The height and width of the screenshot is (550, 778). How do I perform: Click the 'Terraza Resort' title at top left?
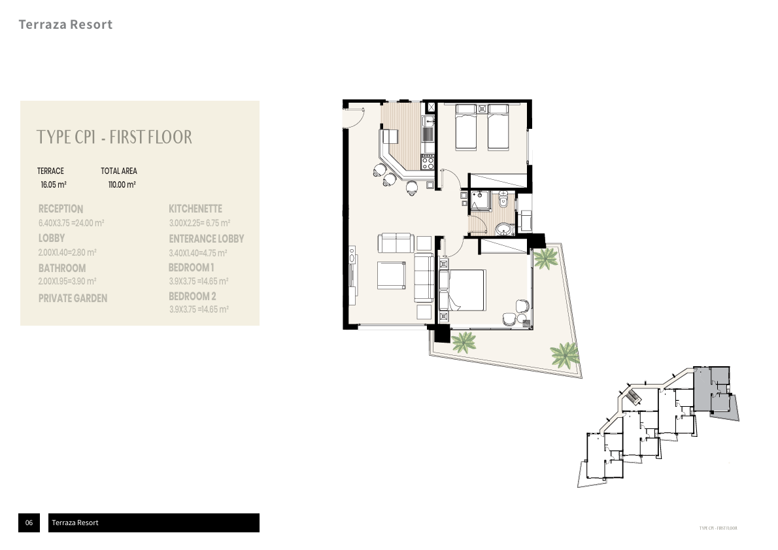coord(65,25)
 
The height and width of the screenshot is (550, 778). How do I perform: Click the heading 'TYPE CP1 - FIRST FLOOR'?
coord(114,137)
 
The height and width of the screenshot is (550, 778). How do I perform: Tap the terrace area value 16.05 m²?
coord(54,185)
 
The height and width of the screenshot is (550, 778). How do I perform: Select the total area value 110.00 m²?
coord(122,185)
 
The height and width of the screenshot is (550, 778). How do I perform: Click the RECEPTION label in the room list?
coord(61,209)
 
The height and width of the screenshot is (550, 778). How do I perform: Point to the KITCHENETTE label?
coord(195,209)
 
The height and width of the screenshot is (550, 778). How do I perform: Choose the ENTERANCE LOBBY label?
coord(206,239)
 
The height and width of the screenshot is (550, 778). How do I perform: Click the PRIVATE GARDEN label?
coord(73,298)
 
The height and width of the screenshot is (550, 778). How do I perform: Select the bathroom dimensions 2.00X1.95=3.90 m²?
coord(67,281)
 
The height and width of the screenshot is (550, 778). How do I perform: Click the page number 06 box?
coord(29,523)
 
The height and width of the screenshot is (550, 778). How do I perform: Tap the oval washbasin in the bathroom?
coord(503,228)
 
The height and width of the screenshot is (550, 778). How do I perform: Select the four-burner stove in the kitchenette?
coord(428,163)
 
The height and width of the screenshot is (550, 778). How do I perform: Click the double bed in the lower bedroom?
coord(465,290)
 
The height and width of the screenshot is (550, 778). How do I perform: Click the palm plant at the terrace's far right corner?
coord(564,355)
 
